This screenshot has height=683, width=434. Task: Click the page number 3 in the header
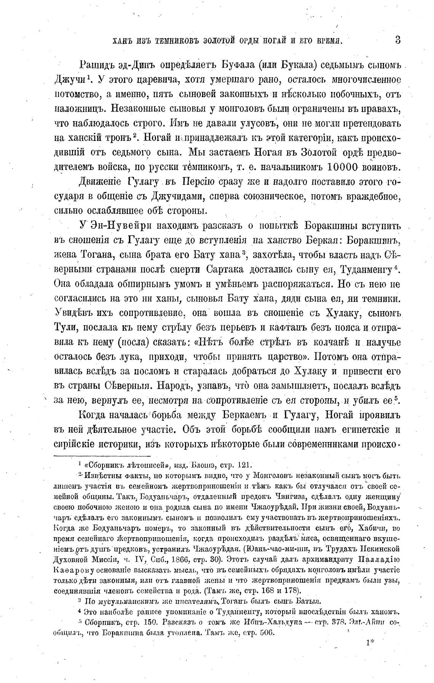(398, 40)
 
